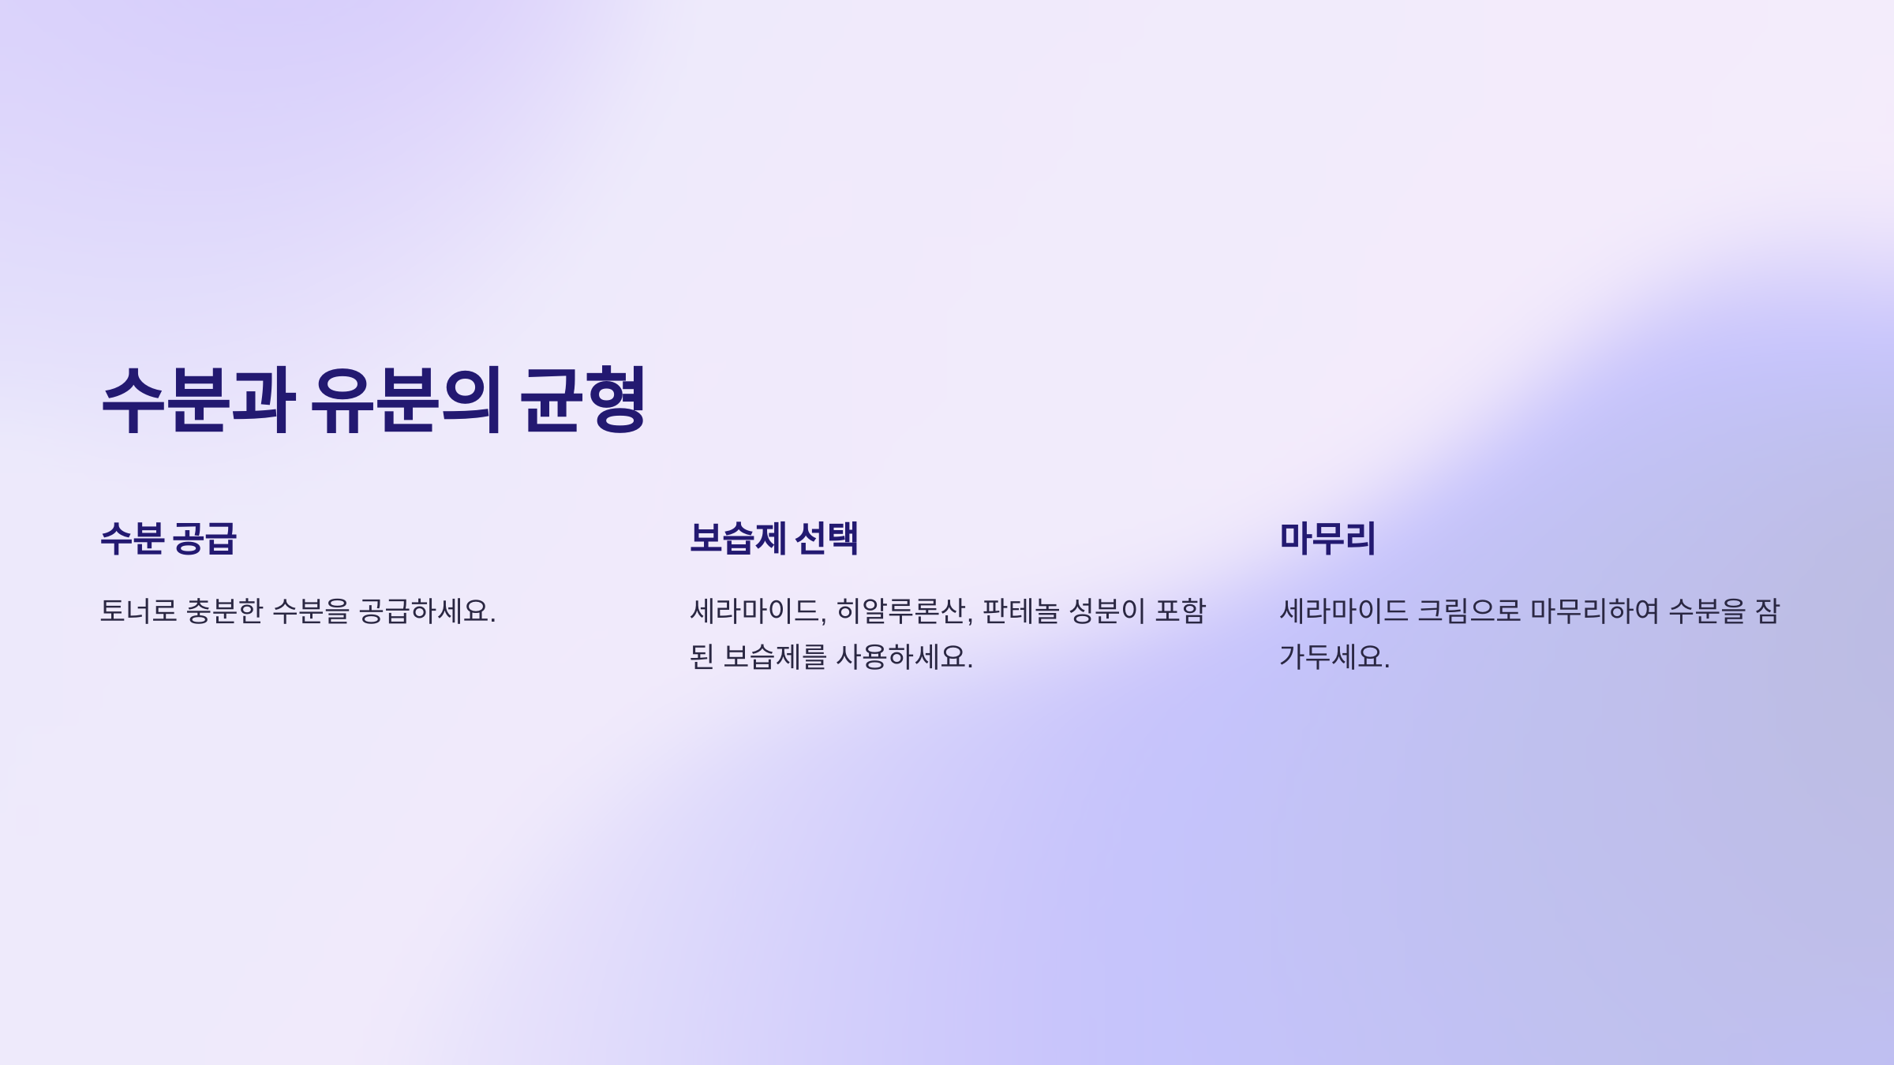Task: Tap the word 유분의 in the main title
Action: pos(406,400)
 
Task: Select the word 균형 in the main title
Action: pos(583,400)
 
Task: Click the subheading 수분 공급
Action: pos(168,539)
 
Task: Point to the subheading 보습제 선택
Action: pos(773,539)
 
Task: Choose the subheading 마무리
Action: pos(1327,539)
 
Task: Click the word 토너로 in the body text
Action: pos(139,611)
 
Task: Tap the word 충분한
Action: pos(224,611)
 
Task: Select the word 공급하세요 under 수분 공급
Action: pos(427,611)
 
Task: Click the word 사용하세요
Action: pos(904,657)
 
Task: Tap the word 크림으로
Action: pos(1469,611)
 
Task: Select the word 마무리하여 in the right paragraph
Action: pos(1595,611)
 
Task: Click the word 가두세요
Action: pos(1334,657)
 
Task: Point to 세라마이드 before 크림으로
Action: pos(1343,611)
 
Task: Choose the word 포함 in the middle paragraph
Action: pos(1181,611)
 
